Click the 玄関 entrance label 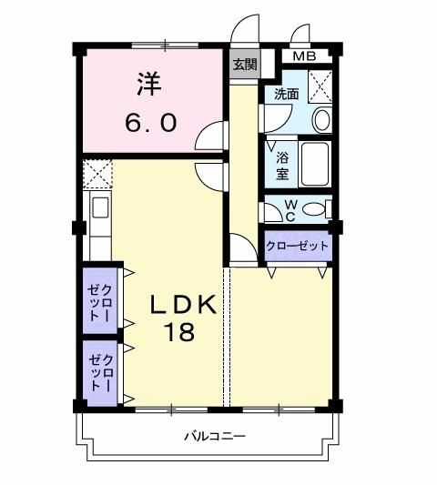245,65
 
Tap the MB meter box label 305,56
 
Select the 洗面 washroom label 287,94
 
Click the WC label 290,210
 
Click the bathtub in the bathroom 315,164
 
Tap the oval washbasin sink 322,120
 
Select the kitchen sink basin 101,207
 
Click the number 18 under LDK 181,332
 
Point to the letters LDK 183,304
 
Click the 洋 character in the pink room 149,84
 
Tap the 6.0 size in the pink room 151,122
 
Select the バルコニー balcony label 215,437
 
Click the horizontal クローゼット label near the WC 297,246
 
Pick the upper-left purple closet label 99,302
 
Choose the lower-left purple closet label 100,373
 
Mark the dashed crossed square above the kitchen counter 97,174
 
